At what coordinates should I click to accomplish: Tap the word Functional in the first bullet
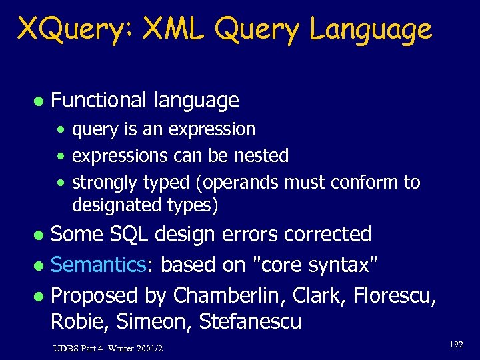pos(99,101)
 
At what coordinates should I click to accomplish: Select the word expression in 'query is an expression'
pos(211,129)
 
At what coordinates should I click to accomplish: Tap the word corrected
pos(327,235)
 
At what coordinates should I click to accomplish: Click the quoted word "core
pos(279,265)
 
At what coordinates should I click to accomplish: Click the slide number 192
pos(456,345)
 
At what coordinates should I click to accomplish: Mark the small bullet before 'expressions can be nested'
pos(61,157)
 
